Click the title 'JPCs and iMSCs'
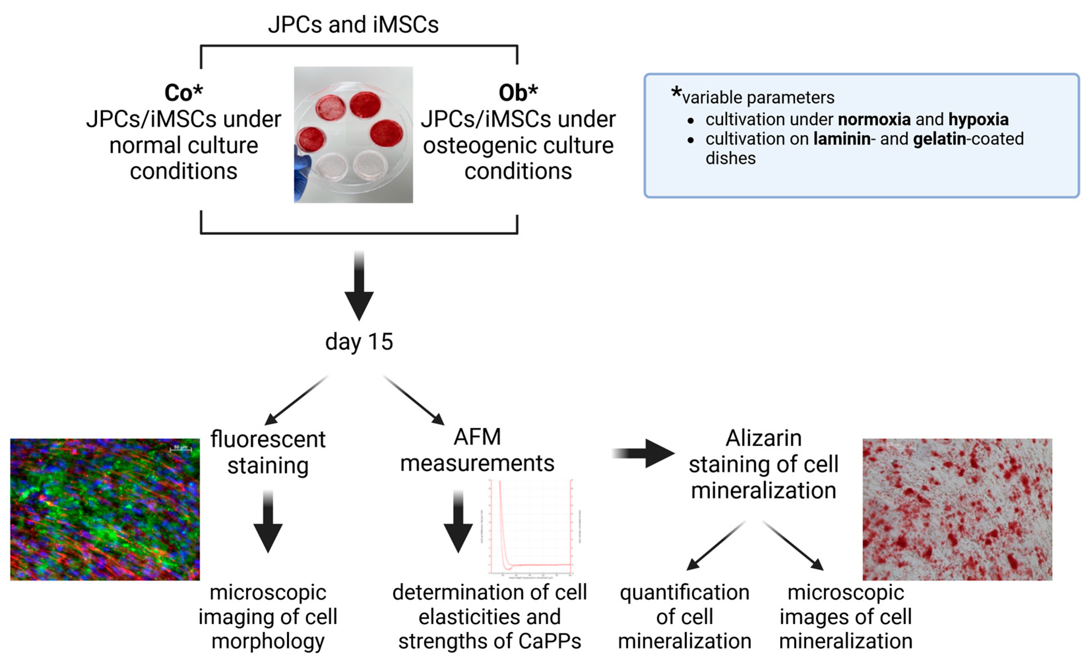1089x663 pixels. pyautogui.click(x=353, y=24)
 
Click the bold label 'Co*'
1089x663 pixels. pyautogui.click(x=183, y=93)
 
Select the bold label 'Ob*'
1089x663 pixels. pyautogui.click(x=518, y=93)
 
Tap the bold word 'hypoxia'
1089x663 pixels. pyautogui.click(x=978, y=119)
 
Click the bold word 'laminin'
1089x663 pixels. pyautogui.click(x=842, y=139)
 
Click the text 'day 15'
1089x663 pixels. pyautogui.click(x=359, y=342)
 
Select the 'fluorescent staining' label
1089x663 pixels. pyautogui.click(x=268, y=452)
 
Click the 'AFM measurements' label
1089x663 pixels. pyautogui.click(x=477, y=450)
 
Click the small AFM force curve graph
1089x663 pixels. pyautogui.click(x=530, y=528)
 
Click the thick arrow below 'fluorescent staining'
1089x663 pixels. pyautogui.click(x=268, y=521)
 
